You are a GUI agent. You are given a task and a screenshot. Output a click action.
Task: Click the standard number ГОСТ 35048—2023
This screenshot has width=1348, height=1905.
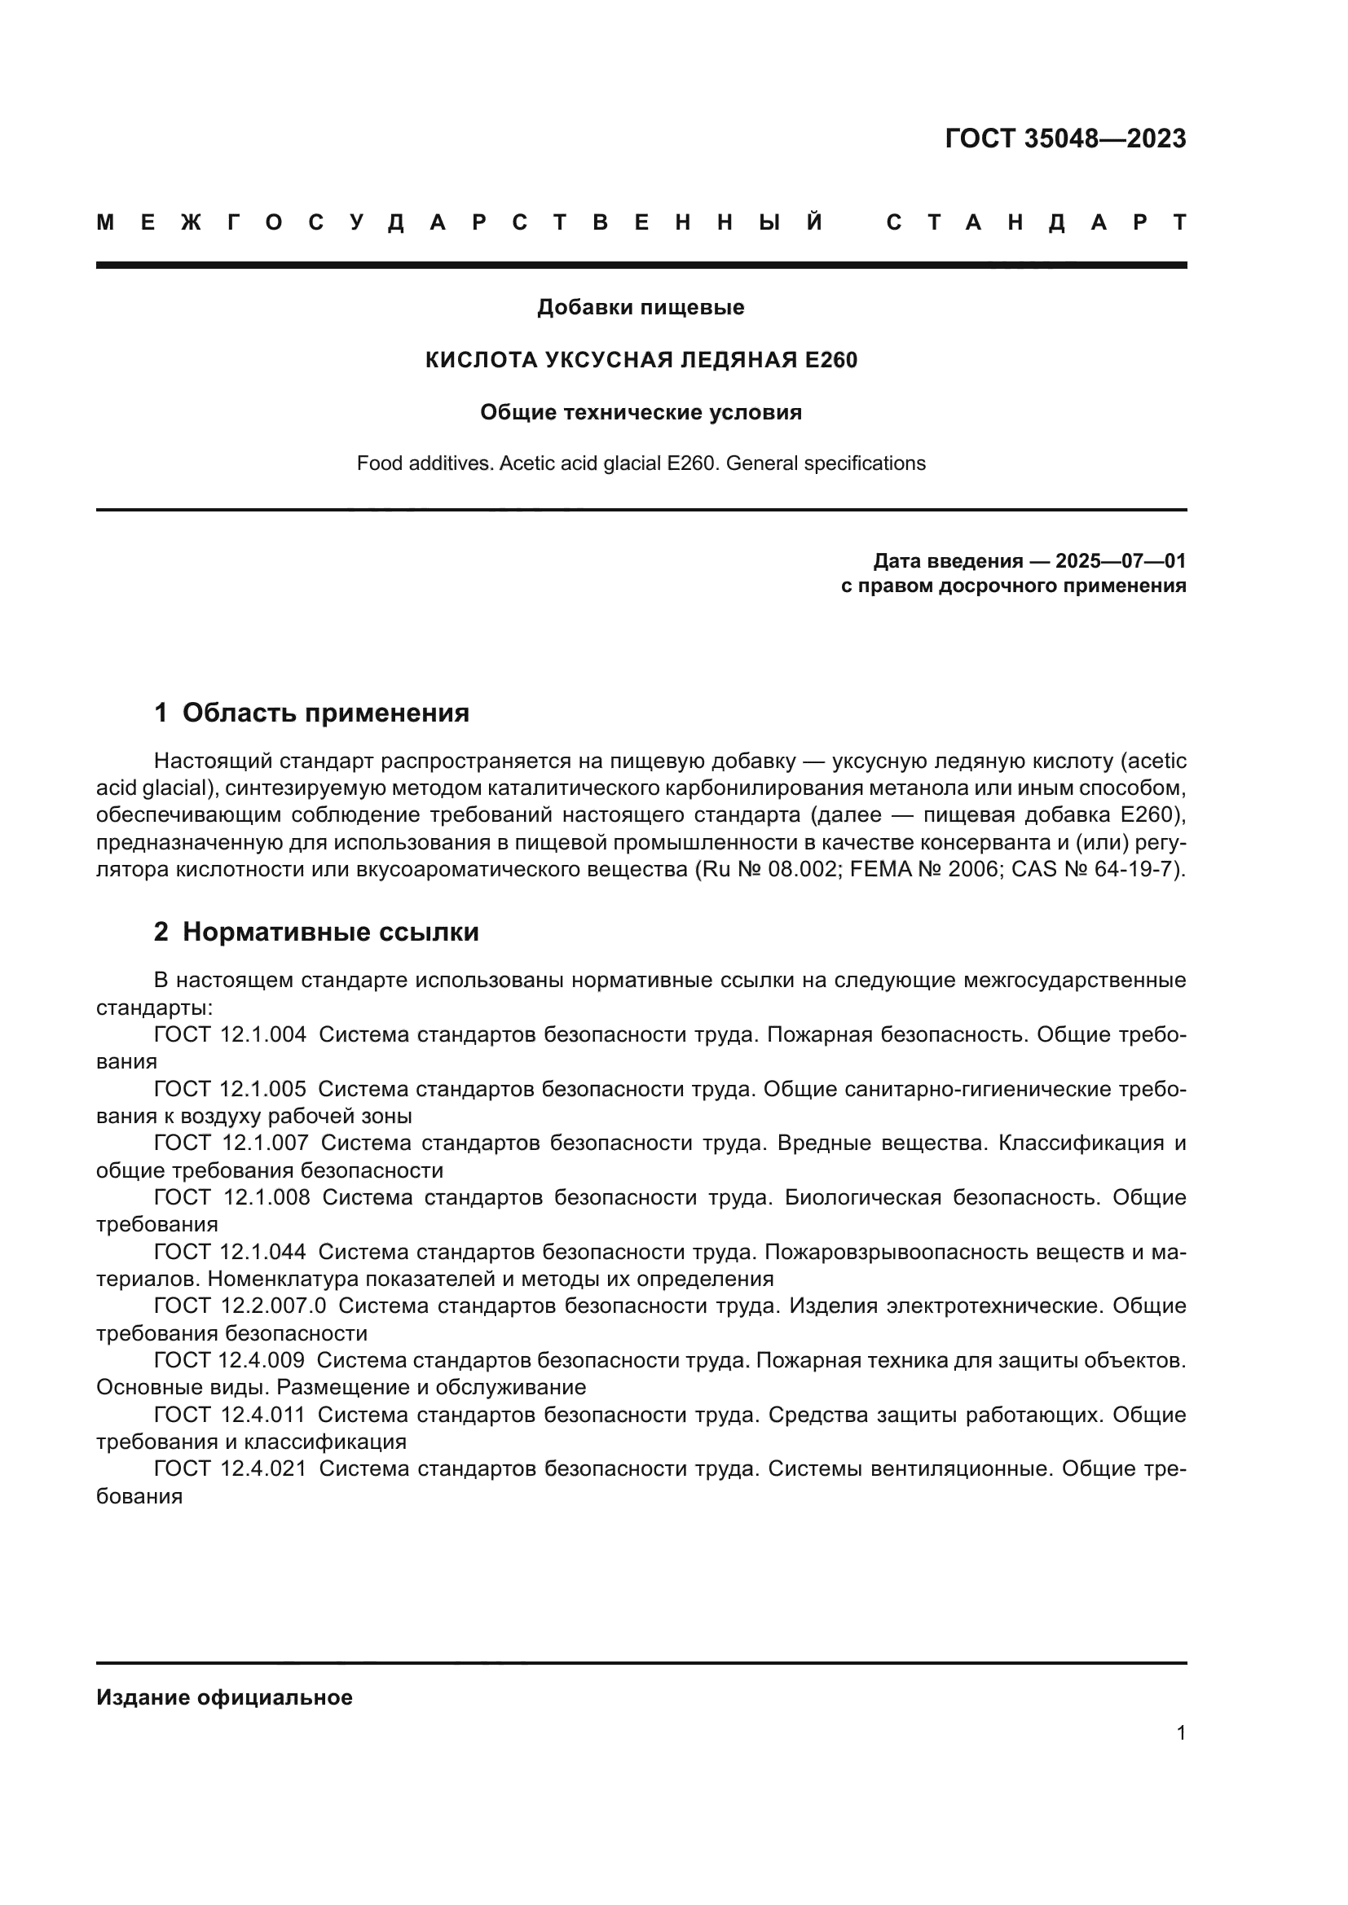[x=1065, y=138]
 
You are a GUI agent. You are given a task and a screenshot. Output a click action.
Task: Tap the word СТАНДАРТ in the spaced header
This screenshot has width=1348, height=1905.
[x=1036, y=222]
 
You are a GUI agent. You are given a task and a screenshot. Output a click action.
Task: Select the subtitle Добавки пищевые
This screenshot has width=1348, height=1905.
[x=641, y=307]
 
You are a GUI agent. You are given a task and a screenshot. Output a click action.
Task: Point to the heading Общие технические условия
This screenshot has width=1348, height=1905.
[x=641, y=412]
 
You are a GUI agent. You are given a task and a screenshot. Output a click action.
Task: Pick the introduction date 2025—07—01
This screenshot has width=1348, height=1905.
[x=1121, y=561]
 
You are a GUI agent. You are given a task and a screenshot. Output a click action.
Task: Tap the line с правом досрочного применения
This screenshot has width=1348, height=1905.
[x=1013, y=586]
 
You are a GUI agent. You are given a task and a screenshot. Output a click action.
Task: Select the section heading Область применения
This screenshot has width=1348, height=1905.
[x=325, y=713]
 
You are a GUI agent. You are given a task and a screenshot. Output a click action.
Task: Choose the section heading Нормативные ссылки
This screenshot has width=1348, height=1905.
[x=330, y=932]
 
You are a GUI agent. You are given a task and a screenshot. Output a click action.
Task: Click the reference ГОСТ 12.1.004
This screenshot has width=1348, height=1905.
[x=230, y=1034]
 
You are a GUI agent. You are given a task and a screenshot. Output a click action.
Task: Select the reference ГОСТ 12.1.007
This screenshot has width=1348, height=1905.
[x=231, y=1143]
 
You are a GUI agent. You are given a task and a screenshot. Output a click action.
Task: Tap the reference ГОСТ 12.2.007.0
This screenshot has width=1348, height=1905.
[x=240, y=1305]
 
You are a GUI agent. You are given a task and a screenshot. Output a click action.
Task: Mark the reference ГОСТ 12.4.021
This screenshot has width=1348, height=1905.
[x=230, y=1468]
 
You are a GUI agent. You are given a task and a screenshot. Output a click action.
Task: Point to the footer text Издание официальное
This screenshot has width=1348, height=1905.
[x=224, y=1697]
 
